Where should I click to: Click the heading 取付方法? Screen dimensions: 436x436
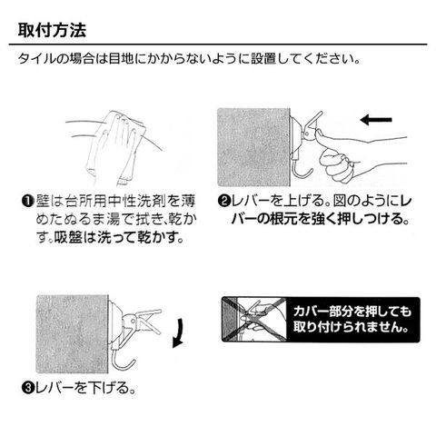click(x=52, y=30)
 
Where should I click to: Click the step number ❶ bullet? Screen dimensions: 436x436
click(x=27, y=202)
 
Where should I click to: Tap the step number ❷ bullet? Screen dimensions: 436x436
click(x=224, y=202)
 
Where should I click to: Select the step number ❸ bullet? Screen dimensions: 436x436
click(x=27, y=388)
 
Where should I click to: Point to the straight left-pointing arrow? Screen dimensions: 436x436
click(x=376, y=120)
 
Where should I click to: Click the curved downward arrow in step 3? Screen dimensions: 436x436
click(x=180, y=333)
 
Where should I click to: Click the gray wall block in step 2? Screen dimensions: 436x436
click(x=253, y=147)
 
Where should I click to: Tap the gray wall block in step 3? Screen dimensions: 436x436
click(x=73, y=334)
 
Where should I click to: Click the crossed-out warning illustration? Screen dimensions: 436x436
click(x=254, y=320)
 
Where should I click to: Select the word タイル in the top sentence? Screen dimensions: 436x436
click(x=38, y=59)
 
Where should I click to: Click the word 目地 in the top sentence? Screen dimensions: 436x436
click(x=121, y=59)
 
